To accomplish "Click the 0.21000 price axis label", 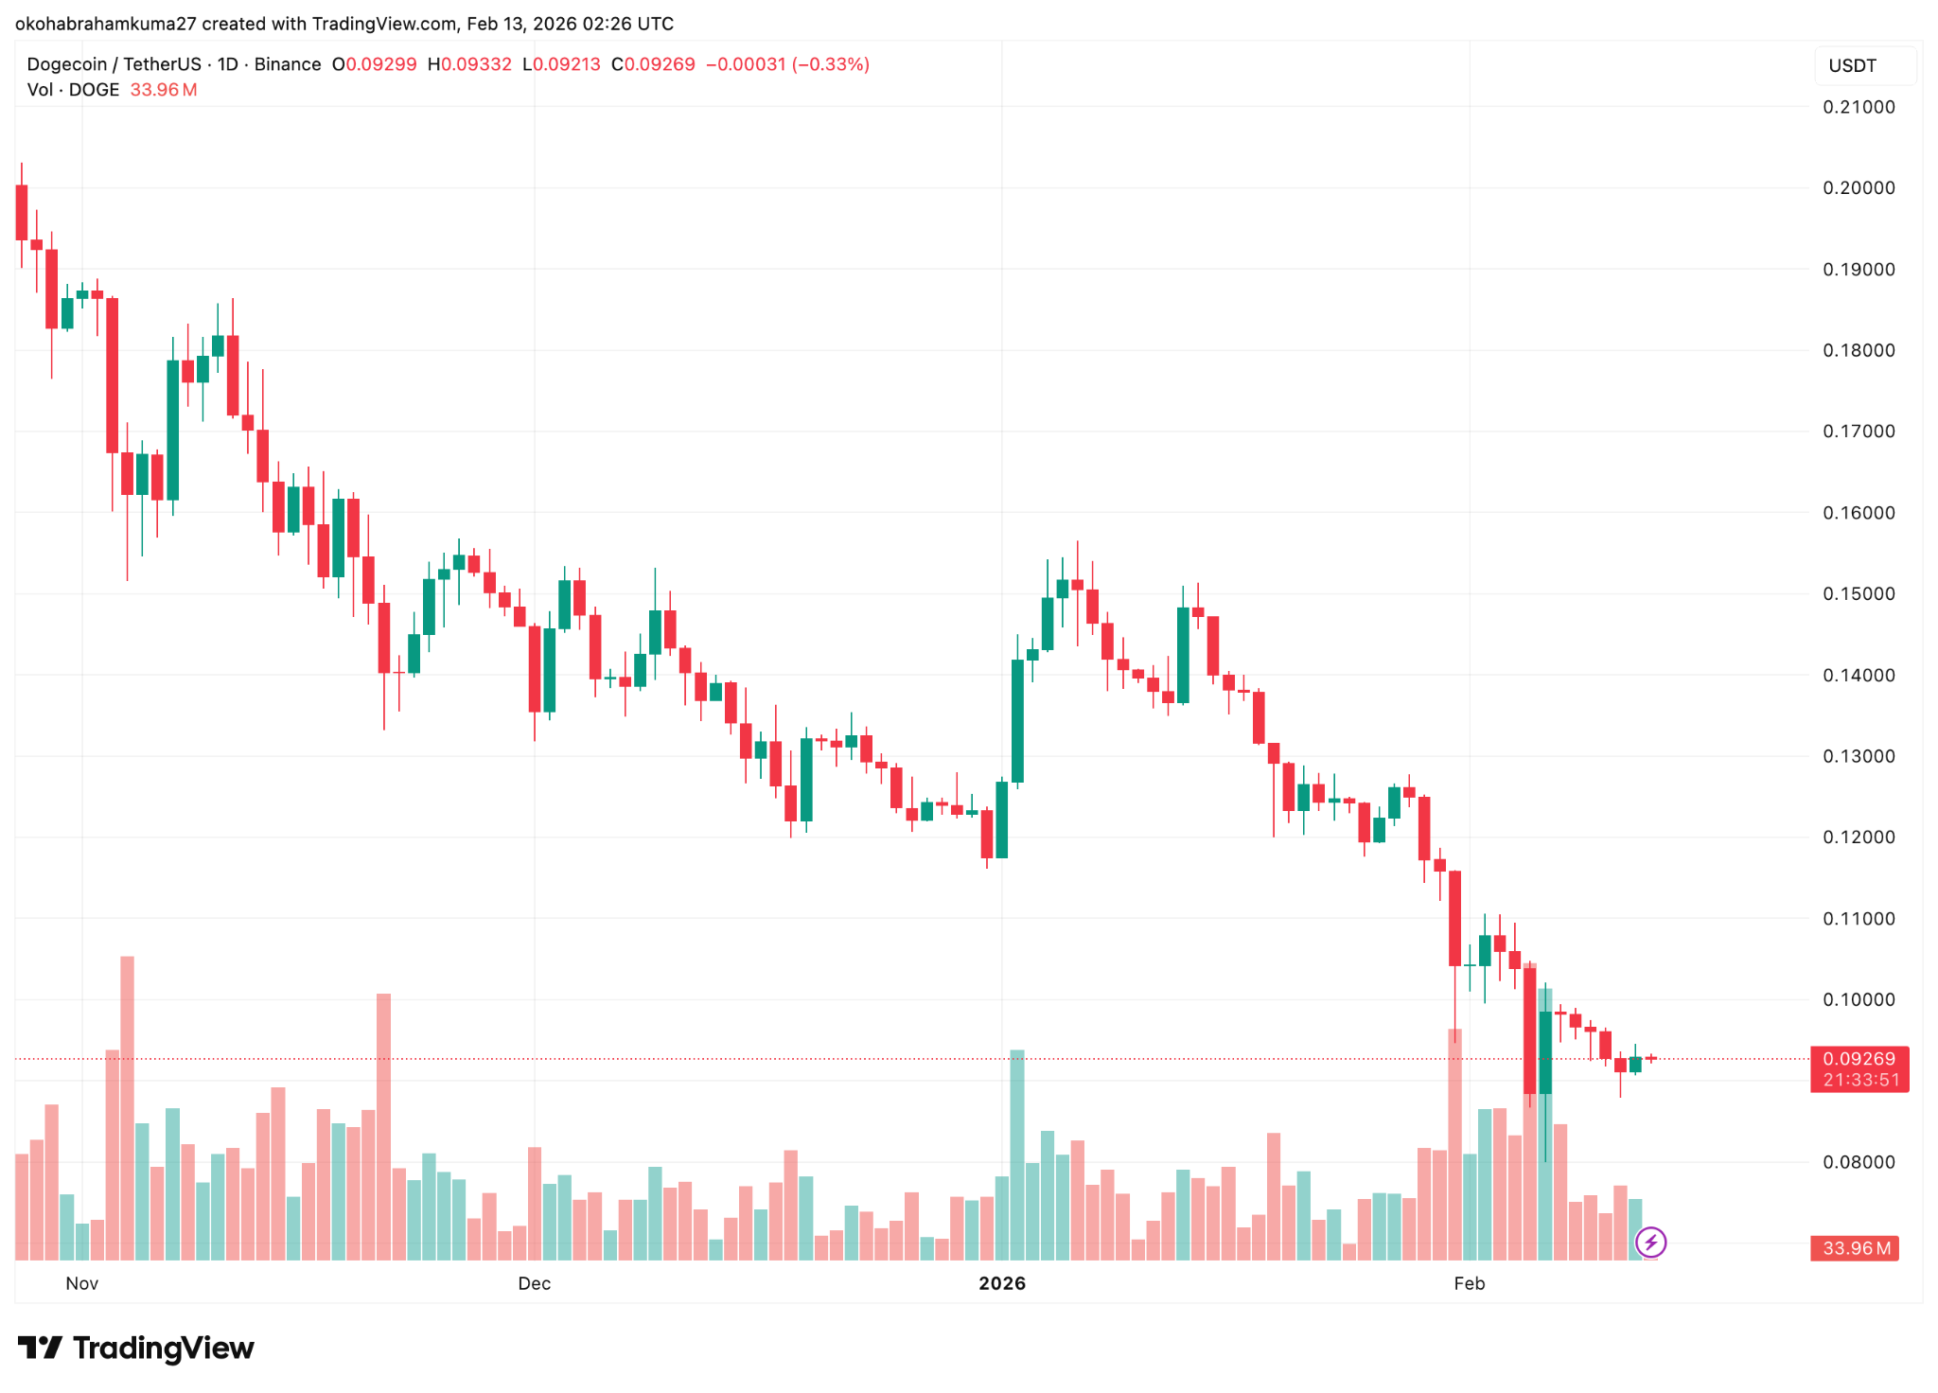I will coord(1859,107).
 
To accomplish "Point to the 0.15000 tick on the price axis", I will coord(1859,593).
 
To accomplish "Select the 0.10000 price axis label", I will coord(1859,999).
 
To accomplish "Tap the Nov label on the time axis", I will coord(82,1283).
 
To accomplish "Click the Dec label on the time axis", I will coord(534,1283).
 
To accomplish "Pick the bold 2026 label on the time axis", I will coord(1002,1283).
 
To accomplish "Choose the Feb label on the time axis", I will coord(1470,1283).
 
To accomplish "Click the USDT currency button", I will coord(1852,66).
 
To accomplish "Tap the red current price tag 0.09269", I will coord(1859,1059).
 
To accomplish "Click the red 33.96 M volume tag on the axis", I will coord(1856,1248).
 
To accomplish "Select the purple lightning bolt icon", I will coord(1651,1242).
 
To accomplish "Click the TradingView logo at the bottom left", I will coord(136,1348).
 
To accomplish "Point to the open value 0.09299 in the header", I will coord(380,64).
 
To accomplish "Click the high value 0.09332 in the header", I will coord(476,64).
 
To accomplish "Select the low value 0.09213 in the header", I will coord(567,64).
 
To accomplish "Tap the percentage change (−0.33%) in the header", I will coord(831,64).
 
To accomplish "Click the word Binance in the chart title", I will coord(288,64).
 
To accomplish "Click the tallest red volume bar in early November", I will coord(128,1107).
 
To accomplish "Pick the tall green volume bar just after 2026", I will coord(1017,1155).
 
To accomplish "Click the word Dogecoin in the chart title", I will coord(66,64).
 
